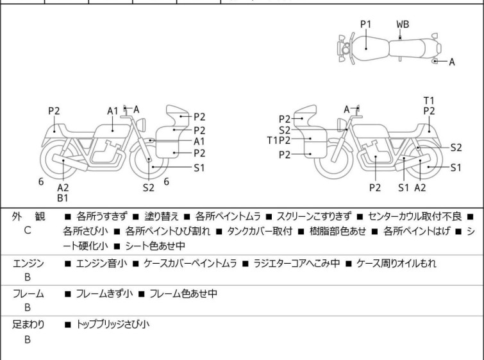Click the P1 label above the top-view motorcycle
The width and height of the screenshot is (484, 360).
point(366,24)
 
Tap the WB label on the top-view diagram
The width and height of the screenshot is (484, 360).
point(403,24)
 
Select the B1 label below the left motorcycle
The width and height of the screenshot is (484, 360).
point(63,198)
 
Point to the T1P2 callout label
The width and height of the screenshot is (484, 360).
point(279,141)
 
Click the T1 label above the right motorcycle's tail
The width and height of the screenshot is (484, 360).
point(429,101)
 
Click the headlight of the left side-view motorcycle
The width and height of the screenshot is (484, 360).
point(141,125)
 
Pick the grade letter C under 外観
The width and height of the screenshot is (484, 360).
point(28,230)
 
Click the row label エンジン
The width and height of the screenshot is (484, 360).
point(28,263)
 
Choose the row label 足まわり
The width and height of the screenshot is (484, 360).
point(28,325)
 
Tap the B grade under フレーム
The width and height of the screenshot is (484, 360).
point(28,307)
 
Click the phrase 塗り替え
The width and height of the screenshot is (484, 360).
point(162,216)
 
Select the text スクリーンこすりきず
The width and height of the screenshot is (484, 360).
point(314,216)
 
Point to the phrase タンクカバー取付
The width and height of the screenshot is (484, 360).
point(260,231)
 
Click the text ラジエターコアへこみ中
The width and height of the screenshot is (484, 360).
point(296,263)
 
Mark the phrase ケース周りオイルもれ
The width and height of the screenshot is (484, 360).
point(396,263)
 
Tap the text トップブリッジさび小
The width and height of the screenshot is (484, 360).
point(113,325)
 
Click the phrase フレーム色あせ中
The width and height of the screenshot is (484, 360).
point(183,293)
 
